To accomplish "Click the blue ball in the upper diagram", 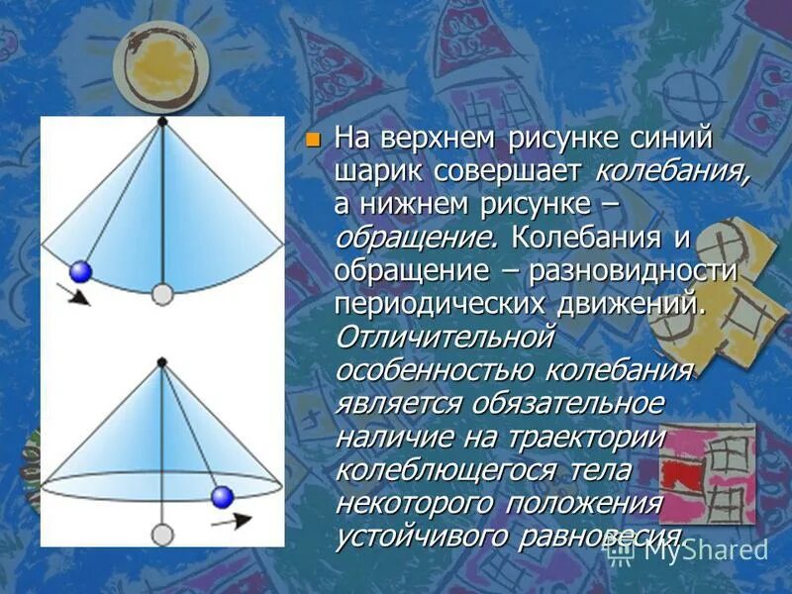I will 81,271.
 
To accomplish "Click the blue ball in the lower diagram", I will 222,496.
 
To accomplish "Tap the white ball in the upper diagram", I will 163,294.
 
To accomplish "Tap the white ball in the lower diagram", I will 162,535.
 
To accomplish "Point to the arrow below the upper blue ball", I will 73,295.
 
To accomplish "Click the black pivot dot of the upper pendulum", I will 162,121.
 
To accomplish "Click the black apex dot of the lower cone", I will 162,362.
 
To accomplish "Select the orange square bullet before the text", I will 314,140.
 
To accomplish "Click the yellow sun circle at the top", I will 160,65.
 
